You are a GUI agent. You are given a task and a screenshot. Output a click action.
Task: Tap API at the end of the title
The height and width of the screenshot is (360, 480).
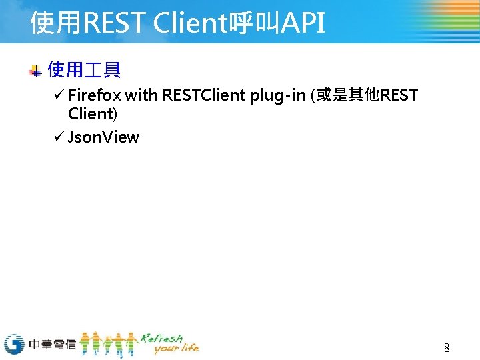point(303,23)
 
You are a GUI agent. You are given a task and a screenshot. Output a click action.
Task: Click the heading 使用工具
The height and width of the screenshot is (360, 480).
point(84,69)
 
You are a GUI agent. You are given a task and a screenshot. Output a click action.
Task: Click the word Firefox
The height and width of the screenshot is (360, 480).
point(94,95)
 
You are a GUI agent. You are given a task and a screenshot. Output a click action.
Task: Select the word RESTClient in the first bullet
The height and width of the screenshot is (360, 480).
point(204,95)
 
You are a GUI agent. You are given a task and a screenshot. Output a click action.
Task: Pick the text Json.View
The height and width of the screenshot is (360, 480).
point(103,137)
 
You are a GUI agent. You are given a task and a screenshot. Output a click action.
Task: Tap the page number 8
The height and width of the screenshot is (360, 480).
point(447,347)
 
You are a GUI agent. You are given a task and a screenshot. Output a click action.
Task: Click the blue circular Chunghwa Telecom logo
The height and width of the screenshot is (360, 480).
point(14,344)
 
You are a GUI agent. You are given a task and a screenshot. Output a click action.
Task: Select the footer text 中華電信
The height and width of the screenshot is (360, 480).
point(53,345)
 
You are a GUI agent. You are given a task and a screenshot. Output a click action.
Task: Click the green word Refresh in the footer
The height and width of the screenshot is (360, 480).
point(162,338)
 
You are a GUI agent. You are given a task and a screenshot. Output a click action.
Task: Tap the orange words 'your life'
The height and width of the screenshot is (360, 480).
point(176,349)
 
